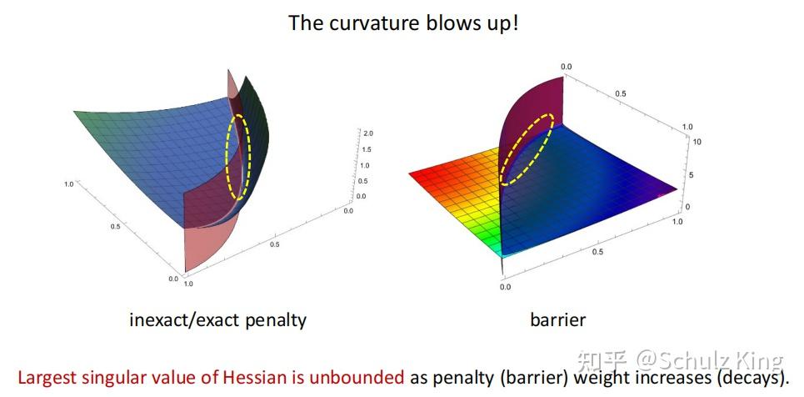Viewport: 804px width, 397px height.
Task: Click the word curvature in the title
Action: tap(369, 23)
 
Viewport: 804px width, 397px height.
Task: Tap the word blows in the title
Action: tap(442, 23)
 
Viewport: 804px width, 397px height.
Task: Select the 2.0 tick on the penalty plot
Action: tap(367, 133)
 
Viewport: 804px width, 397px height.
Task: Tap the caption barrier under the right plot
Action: tap(558, 320)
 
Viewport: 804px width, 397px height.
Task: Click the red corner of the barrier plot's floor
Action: tap(411, 173)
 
